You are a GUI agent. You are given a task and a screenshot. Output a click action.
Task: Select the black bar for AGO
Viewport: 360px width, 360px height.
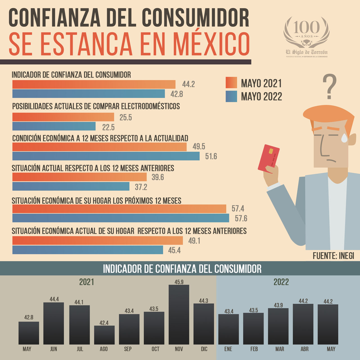point(104,335)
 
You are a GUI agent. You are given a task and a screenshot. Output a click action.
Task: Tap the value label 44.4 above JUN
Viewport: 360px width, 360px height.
point(54,299)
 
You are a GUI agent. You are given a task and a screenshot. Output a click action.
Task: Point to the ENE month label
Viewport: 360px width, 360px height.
point(228,349)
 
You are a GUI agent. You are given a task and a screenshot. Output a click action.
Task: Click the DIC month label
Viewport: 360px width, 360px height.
point(204,349)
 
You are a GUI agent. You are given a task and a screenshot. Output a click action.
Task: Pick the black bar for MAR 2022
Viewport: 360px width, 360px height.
point(278,326)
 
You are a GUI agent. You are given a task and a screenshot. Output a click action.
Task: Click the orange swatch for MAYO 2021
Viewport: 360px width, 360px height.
point(231,83)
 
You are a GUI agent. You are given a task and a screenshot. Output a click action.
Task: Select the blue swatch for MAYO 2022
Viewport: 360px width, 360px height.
point(231,96)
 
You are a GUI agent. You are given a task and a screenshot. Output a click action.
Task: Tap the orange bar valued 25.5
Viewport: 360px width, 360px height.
point(63,117)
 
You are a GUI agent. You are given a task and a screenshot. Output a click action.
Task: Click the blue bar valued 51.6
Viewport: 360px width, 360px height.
point(106,156)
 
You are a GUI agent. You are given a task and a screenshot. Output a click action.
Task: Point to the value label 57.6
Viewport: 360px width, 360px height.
point(241,218)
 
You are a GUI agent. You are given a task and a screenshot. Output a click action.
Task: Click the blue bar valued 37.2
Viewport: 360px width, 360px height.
point(71,186)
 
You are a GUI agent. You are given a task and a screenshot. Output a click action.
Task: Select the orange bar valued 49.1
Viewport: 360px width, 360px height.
point(98,240)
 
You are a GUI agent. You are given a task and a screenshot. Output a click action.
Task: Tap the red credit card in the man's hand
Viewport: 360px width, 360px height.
point(269,158)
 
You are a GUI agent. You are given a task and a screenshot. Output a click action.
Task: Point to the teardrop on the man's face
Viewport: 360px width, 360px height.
point(344,138)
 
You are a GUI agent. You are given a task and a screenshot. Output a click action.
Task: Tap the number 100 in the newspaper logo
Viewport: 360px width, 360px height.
point(306,27)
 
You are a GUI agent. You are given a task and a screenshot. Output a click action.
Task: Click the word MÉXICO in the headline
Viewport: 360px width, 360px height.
point(211,44)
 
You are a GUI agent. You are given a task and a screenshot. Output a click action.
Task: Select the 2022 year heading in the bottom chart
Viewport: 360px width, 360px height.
point(281,282)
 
